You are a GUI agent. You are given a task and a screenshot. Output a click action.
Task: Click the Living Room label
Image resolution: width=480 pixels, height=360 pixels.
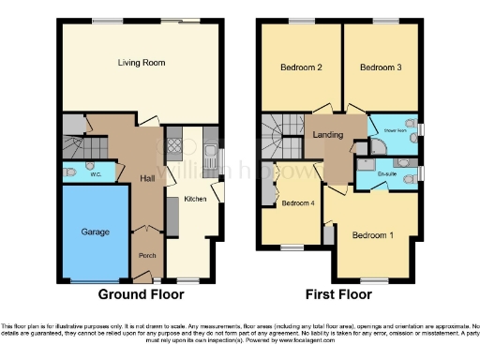click(x=142, y=63)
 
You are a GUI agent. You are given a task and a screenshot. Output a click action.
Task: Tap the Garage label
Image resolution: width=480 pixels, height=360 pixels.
click(x=95, y=232)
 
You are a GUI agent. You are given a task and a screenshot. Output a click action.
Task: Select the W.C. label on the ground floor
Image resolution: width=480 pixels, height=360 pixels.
click(x=96, y=173)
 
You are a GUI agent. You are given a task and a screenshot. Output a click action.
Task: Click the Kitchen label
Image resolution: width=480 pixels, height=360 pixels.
click(x=195, y=199)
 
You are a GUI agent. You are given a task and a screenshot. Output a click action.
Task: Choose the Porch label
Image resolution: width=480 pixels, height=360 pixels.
click(x=147, y=255)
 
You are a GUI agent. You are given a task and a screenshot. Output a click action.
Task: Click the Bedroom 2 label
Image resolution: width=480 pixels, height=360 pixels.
click(x=301, y=68)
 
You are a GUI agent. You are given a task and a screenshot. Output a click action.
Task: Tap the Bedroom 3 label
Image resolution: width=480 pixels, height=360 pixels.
click(x=380, y=68)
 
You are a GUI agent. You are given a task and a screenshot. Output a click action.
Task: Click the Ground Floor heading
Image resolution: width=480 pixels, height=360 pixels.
click(x=139, y=294)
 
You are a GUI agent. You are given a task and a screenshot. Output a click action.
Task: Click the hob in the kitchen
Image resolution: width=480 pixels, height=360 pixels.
click(x=173, y=146)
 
